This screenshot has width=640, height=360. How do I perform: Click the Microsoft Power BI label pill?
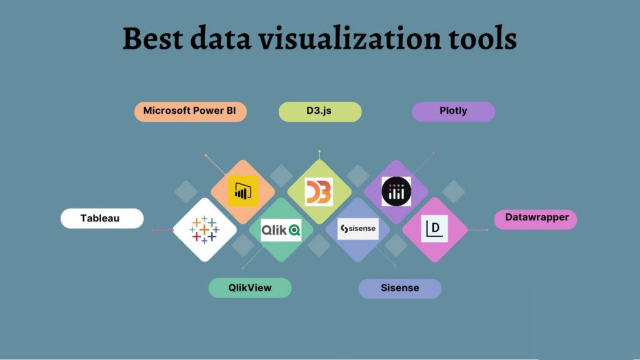pyautogui.click(x=191, y=111)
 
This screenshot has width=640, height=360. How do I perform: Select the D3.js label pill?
pyautogui.click(x=320, y=111)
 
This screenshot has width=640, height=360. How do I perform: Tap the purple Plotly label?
pyautogui.click(x=453, y=111)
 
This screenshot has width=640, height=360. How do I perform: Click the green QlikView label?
pyautogui.click(x=250, y=287)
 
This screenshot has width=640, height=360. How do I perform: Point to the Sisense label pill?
pyautogui.click(x=400, y=288)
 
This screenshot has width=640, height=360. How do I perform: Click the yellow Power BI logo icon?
pyautogui.click(x=242, y=191)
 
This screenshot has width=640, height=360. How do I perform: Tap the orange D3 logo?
pyautogui.click(x=319, y=192)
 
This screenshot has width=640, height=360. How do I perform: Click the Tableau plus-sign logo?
pyautogui.click(x=204, y=229)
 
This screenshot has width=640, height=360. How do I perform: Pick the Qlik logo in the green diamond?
pyautogui.click(x=281, y=230)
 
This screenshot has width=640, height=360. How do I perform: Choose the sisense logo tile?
pyautogui.click(x=358, y=229)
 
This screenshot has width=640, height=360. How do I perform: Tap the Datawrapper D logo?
pyautogui.click(x=434, y=229)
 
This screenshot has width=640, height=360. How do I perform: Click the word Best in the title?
pyautogui.click(x=154, y=39)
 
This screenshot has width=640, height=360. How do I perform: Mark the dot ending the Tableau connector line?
pyautogui.click(x=153, y=230)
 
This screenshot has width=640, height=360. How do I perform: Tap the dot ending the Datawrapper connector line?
pyautogui.click(x=487, y=230)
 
